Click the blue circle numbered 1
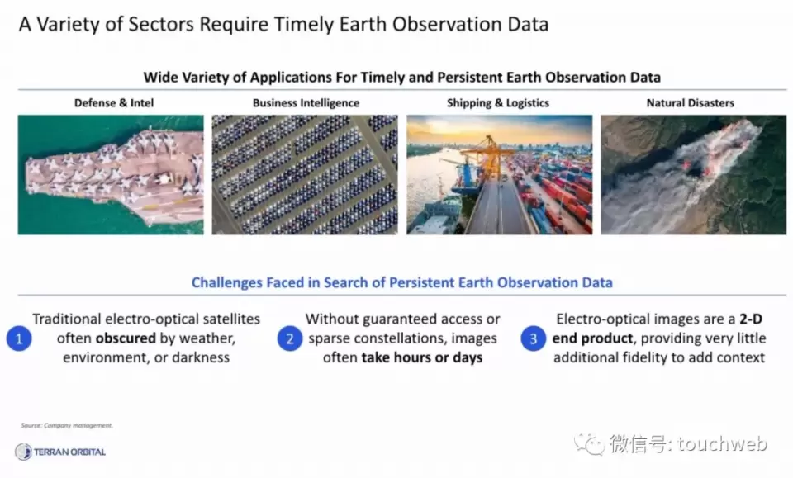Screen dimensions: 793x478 [19, 338]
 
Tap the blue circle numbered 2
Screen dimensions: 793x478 [290, 338]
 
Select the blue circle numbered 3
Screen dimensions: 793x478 [533, 338]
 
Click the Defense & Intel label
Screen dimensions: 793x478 [114, 103]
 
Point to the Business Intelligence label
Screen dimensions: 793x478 [306, 103]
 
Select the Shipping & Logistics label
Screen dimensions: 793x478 [498, 103]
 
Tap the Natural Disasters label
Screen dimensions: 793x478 [691, 103]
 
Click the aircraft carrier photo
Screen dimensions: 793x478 [111, 175]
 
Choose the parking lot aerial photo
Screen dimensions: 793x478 [305, 175]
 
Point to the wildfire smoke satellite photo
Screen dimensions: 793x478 [693, 175]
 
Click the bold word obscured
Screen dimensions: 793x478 [126, 338]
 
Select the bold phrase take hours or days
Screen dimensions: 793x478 [422, 357]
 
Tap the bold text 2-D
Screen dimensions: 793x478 [751, 319]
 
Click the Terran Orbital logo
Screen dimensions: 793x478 [60, 452]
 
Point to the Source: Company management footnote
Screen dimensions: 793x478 [67, 425]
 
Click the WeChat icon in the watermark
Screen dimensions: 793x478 [589, 445]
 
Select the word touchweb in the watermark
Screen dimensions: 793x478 [722, 443]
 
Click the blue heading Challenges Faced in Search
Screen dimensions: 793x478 [401, 282]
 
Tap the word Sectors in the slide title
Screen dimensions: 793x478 [161, 24]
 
